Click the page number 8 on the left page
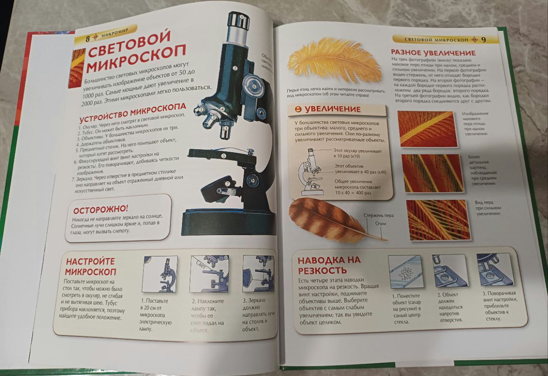point(88,38)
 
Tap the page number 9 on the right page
point(483,40)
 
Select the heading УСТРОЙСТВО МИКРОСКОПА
point(132,111)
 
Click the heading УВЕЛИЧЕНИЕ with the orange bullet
point(332,109)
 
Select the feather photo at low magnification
point(426,129)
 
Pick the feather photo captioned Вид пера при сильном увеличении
point(438,220)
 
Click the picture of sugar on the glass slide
point(405,271)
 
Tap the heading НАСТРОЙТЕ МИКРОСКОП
point(90,266)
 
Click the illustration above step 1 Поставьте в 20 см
point(160,274)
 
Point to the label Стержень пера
point(378,215)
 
